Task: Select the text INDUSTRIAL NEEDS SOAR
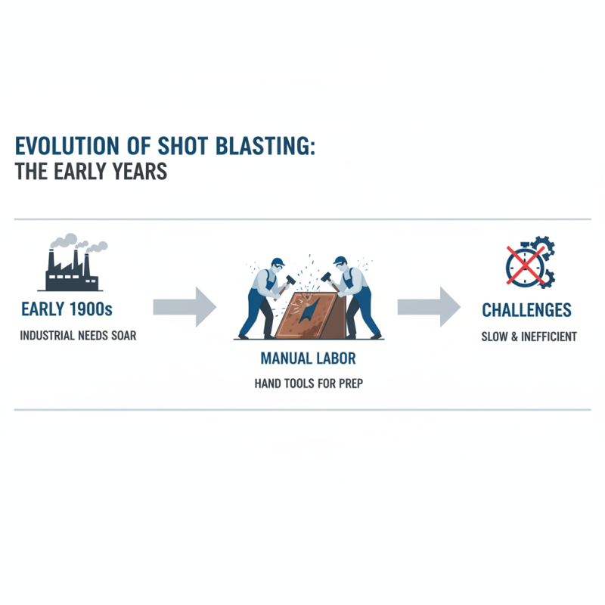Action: click(x=79, y=335)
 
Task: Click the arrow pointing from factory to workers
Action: click(x=185, y=307)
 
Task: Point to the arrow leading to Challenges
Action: click(x=429, y=307)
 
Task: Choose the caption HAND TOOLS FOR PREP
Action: click(x=309, y=383)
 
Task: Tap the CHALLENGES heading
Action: click(x=526, y=310)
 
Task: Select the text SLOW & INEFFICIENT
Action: click(x=529, y=337)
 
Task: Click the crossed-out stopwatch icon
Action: click(x=522, y=265)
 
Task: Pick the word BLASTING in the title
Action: click(x=268, y=145)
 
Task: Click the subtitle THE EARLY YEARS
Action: click(x=91, y=172)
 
